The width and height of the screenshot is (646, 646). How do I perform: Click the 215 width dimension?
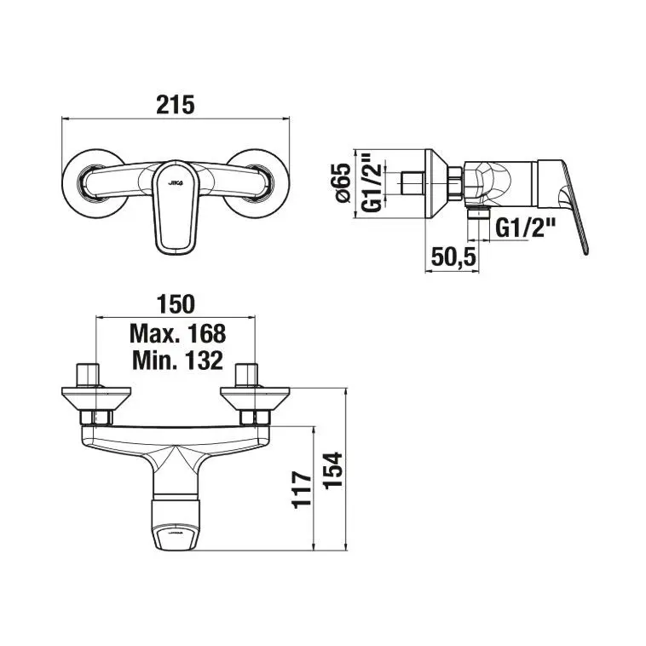click(x=175, y=105)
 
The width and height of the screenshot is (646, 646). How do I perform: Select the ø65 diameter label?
click(x=343, y=183)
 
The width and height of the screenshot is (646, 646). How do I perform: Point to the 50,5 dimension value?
click(x=453, y=257)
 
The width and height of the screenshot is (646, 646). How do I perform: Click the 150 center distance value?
click(x=176, y=304)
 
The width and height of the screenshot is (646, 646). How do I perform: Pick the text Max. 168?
click(x=177, y=333)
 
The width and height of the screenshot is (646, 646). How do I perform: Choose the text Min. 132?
click(x=177, y=360)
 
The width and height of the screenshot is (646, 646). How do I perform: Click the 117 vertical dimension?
click(x=302, y=490)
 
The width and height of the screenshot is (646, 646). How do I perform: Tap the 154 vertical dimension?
click(x=332, y=470)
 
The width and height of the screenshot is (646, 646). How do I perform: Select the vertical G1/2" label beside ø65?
click(x=372, y=183)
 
